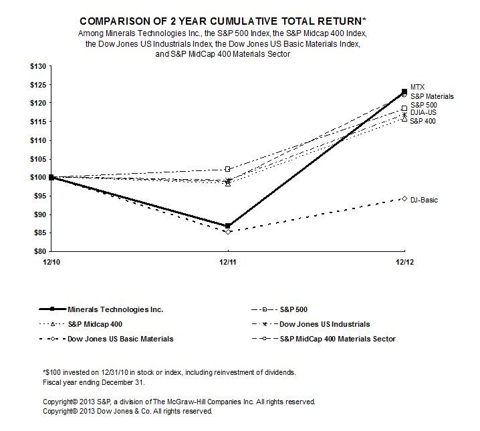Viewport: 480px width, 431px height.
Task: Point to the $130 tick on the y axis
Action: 37,66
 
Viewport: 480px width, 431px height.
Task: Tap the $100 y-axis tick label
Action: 37,177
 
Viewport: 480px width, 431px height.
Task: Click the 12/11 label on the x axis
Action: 227,262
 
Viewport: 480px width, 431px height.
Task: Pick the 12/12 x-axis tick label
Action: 402,262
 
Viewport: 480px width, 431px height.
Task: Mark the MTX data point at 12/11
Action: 228,226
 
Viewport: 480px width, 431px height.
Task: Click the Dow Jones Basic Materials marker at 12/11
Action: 228,231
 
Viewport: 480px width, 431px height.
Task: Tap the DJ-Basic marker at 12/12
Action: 404,198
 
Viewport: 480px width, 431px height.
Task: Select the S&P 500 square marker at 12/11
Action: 228,169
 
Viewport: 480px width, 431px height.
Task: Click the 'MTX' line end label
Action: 418,88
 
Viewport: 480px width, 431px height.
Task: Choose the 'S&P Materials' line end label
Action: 432,96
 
